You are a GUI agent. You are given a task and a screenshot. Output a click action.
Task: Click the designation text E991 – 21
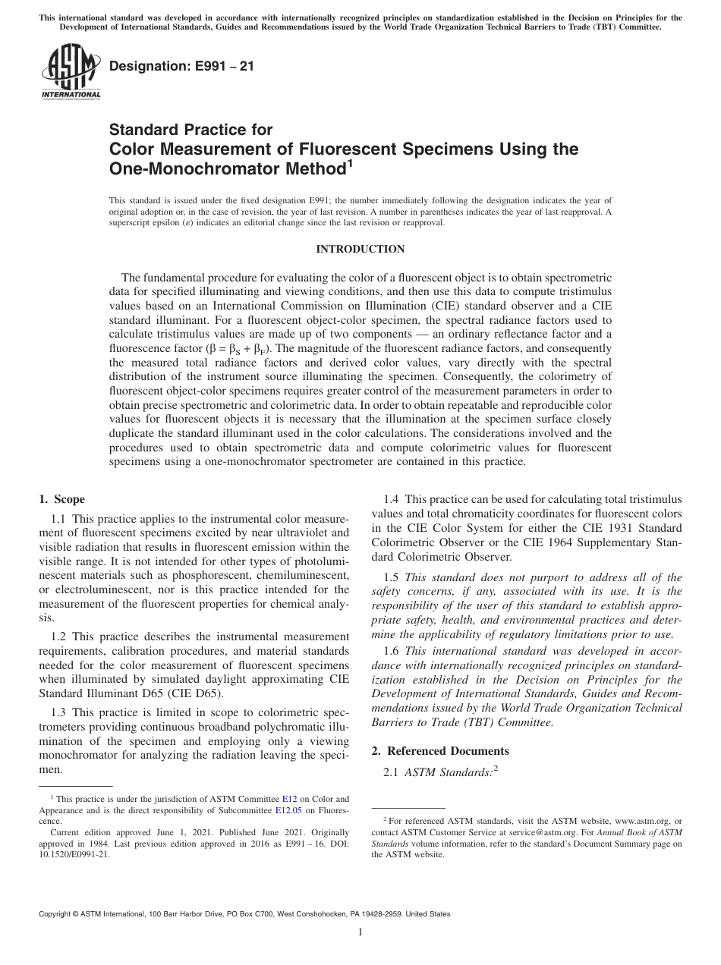tap(182, 67)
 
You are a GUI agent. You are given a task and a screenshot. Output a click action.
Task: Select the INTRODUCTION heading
tap(360, 250)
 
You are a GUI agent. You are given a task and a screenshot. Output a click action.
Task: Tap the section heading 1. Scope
tap(61, 499)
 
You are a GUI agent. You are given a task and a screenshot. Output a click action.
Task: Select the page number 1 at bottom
tap(360, 932)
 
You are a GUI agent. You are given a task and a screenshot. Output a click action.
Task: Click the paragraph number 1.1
tap(59, 518)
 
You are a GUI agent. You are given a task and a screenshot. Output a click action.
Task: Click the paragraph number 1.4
tap(392, 499)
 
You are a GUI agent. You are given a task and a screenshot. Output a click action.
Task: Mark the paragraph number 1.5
tap(392, 577)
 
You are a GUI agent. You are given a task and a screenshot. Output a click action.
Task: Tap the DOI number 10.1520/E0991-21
tap(71, 853)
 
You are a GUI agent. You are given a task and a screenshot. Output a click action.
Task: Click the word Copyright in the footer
tap(58, 914)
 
